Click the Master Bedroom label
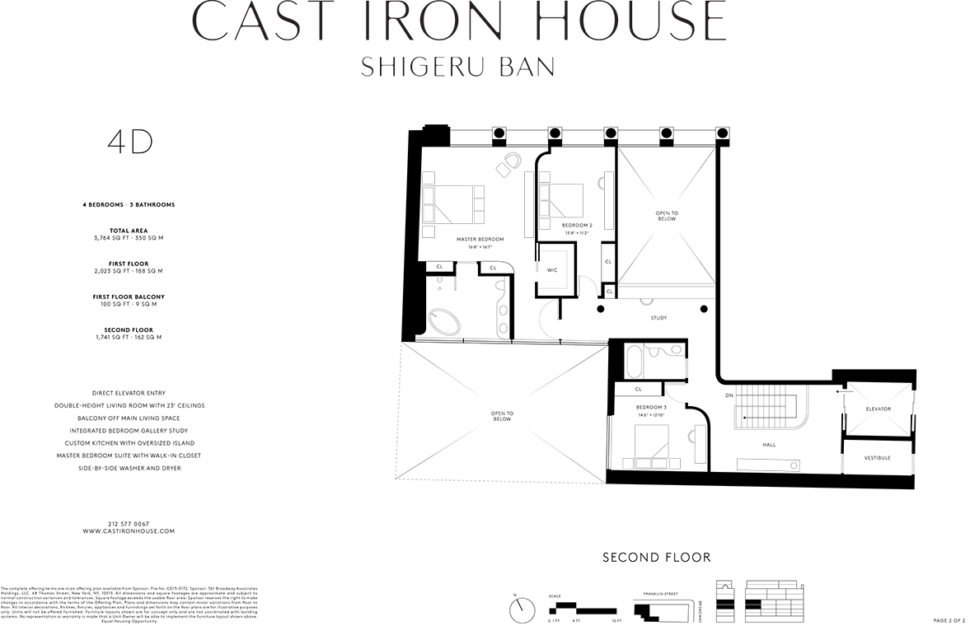click(480, 239)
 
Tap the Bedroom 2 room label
click(577, 225)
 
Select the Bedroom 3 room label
click(651, 408)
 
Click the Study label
click(658, 318)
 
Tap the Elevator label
click(878, 409)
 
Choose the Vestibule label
click(877, 458)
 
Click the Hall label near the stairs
click(768, 445)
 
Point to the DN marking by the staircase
click(729, 395)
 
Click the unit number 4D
click(130, 142)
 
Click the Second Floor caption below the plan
click(656, 558)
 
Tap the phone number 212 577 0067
click(129, 524)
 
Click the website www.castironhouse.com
click(129, 531)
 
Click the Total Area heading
click(129, 231)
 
